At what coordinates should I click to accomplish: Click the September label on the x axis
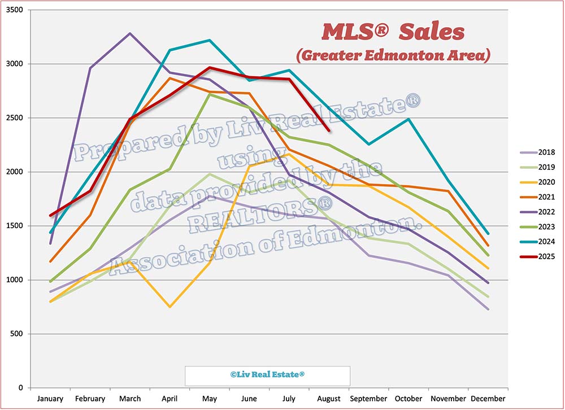(x=369, y=399)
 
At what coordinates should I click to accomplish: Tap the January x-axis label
(x=50, y=399)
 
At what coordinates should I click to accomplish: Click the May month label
(x=210, y=399)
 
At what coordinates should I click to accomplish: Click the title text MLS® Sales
(x=393, y=32)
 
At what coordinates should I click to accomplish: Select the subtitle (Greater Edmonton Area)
(x=393, y=55)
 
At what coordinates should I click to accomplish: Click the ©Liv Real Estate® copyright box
(x=268, y=375)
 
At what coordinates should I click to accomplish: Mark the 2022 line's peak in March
(x=130, y=33)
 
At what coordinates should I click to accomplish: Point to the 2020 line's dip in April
(x=169, y=307)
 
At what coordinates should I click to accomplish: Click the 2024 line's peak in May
(x=210, y=40)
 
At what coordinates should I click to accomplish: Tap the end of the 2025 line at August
(x=329, y=130)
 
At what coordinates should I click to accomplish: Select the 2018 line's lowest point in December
(x=488, y=309)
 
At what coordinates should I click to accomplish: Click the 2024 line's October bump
(x=408, y=119)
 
